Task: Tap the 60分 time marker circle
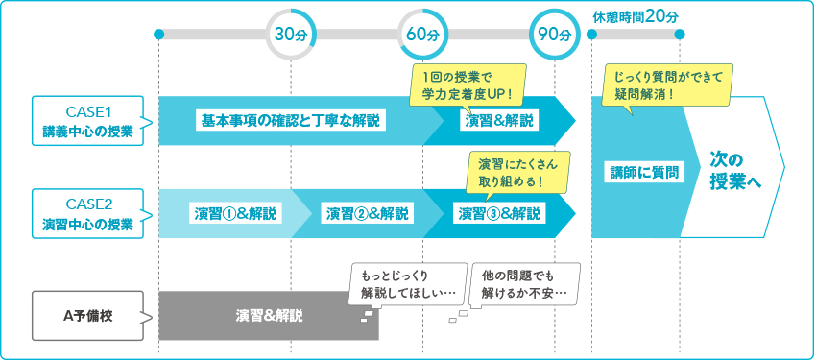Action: tap(422, 35)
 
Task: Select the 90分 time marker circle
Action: tap(555, 35)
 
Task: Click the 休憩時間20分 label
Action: tap(636, 16)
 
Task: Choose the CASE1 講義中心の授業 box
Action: tap(87, 120)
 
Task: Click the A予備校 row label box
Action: tap(87, 315)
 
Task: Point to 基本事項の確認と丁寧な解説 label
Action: tap(290, 121)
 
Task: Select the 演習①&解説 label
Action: tap(235, 213)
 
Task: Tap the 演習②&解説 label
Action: tap(367, 213)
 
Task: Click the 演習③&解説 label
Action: tap(497, 213)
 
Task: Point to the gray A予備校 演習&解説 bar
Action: tap(268, 315)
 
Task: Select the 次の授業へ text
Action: tap(735, 170)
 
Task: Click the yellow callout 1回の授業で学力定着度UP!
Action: tap(468, 84)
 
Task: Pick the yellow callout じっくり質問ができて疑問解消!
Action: tap(667, 84)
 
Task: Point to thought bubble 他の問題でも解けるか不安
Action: tap(525, 283)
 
